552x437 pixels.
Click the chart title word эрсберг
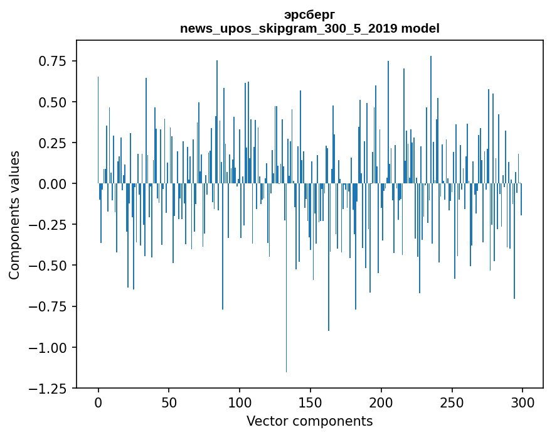point(309,15)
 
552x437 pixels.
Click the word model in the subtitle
point(420,28)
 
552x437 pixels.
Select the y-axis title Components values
point(14,215)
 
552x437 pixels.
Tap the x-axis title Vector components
point(309,421)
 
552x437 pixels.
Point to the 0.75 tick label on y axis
point(53,61)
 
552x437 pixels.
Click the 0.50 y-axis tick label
point(53,102)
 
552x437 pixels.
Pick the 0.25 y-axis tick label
point(53,143)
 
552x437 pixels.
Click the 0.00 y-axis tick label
point(53,183)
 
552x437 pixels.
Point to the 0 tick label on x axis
point(98,402)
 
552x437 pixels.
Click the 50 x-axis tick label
point(169,402)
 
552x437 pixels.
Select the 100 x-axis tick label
point(240,402)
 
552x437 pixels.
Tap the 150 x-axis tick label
point(310,402)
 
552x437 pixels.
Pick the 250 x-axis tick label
point(452,402)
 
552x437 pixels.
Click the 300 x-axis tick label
point(523,402)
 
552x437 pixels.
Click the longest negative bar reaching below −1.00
point(286,278)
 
